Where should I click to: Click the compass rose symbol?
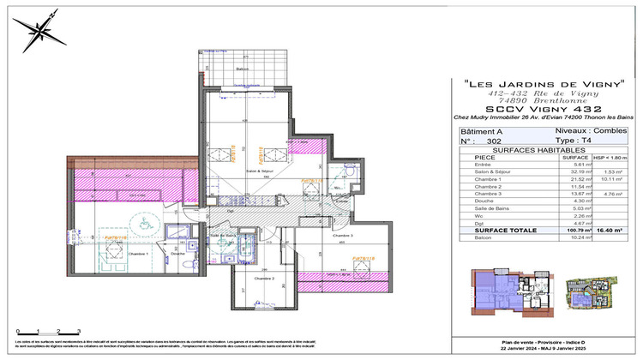tap(39, 33)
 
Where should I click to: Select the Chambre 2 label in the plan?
tap(264, 279)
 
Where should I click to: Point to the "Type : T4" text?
tap(580, 140)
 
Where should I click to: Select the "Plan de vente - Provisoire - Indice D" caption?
tap(541, 341)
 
